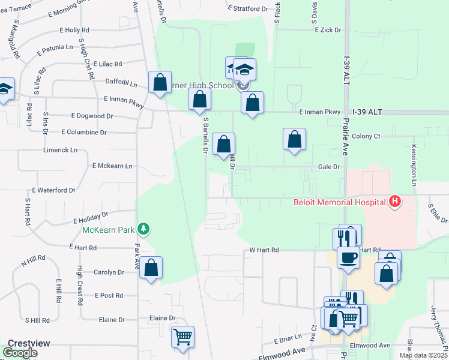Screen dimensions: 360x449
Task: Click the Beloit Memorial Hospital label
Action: (339, 202)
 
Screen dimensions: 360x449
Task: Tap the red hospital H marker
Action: (394, 202)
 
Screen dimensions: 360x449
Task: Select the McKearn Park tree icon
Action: (143, 229)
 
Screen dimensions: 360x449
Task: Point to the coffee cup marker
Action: (348, 258)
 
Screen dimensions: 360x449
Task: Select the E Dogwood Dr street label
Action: (92, 116)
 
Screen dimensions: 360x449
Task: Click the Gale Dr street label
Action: (329, 167)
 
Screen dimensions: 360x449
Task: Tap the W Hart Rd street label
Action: (265, 250)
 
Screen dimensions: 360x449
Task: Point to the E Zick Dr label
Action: (327, 29)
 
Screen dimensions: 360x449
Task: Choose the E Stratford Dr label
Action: (248, 9)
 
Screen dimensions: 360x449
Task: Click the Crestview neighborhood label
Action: (25, 343)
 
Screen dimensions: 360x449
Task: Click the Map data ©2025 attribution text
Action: (423, 355)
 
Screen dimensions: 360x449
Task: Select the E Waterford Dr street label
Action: (54, 190)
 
